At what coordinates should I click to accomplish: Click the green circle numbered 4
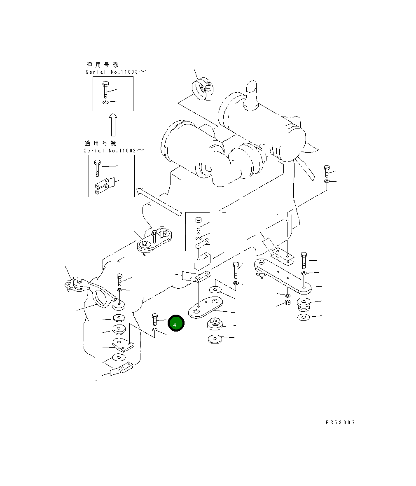pyautogui.click(x=176, y=323)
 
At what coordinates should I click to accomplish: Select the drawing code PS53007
pyautogui.click(x=340, y=423)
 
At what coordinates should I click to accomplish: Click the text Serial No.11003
pyautogui.click(x=112, y=72)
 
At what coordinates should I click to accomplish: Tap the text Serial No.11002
pyautogui.click(x=110, y=151)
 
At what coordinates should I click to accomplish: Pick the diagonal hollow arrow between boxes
pyautogui.click(x=159, y=201)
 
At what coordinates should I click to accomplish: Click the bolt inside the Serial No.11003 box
pyautogui.click(x=105, y=89)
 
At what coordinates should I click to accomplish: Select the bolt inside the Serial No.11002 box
pyautogui.click(x=97, y=168)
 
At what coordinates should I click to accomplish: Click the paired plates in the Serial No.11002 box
pyautogui.click(x=102, y=186)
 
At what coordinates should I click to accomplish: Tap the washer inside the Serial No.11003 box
pyautogui.click(x=105, y=103)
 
